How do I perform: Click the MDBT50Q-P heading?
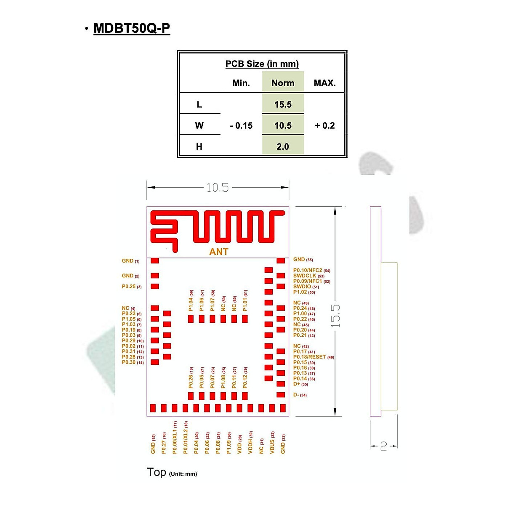[132, 28]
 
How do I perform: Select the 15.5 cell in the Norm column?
[283, 104]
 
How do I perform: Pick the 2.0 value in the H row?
[283, 146]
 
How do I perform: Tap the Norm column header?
[283, 83]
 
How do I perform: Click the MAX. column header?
[324, 83]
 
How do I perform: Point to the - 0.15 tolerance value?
[241, 125]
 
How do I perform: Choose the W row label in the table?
[199, 125]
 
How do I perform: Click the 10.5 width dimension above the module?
[218, 188]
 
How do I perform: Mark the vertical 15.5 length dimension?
[335, 316]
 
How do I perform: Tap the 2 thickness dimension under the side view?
[383, 446]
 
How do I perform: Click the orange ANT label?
[219, 252]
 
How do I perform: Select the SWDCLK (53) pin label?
[308, 276]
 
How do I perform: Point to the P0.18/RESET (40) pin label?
[314, 357]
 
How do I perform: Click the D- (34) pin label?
[300, 395]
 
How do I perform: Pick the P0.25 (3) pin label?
[132, 287]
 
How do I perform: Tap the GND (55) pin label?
[303, 260]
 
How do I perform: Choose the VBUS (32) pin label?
[272, 442]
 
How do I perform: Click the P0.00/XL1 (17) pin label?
[175, 438]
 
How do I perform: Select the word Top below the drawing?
[157, 472]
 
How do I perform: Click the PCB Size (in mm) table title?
[262, 64]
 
